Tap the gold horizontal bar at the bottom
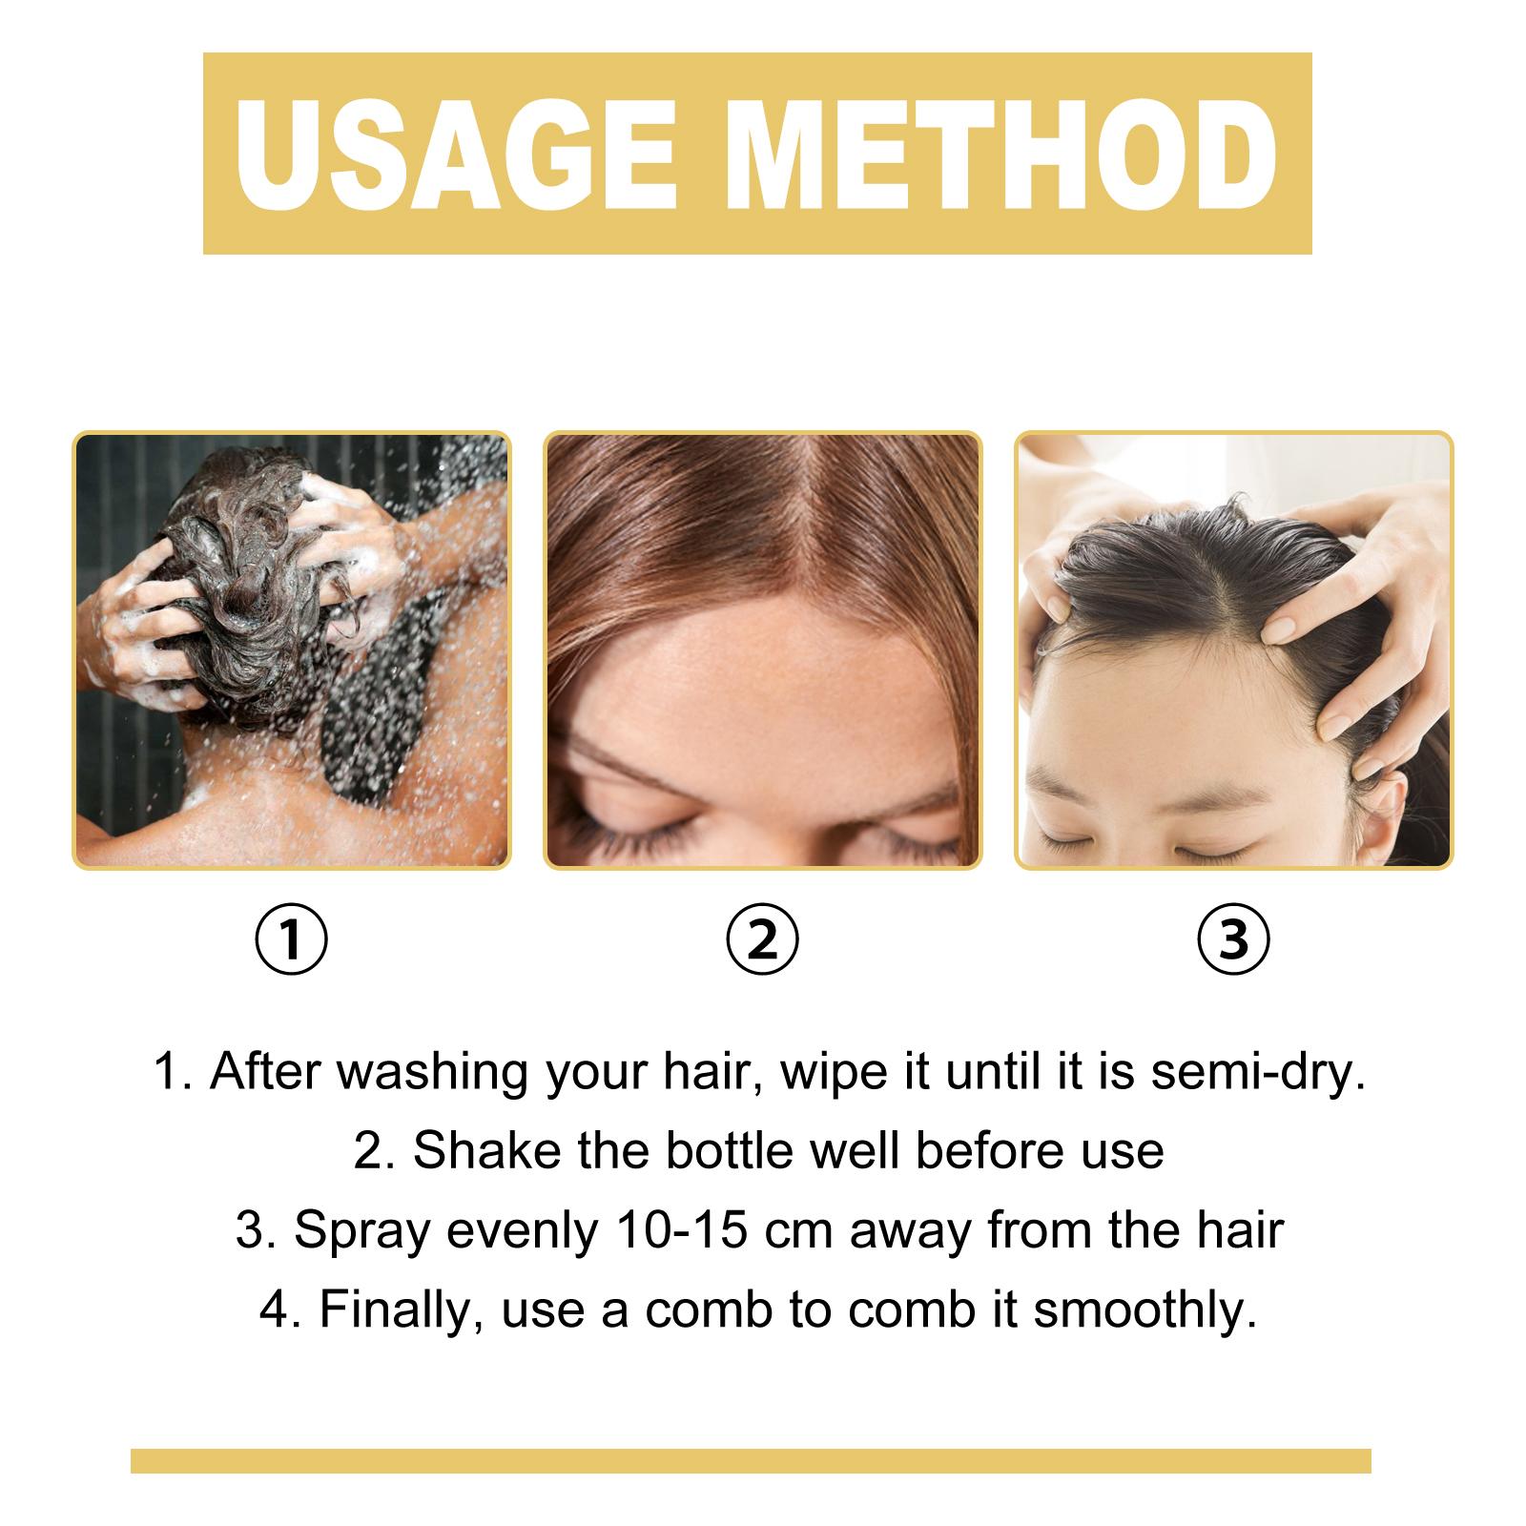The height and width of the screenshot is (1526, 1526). click(x=751, y=1461)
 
